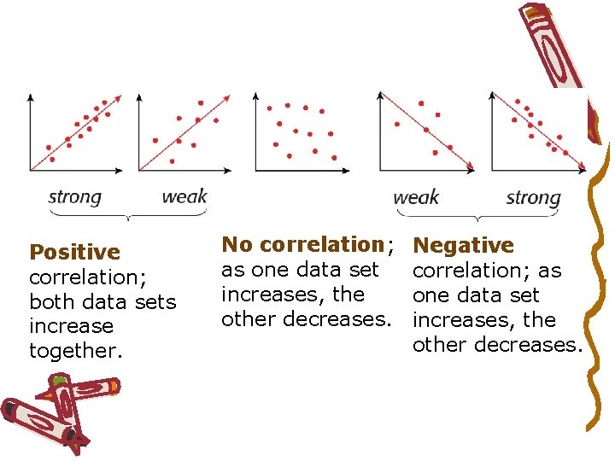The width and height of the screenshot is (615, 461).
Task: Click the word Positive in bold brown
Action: tap(74, 252)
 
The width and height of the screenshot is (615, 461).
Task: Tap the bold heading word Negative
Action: tap(463, 246)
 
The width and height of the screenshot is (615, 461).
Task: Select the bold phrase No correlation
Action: tap(302, 244)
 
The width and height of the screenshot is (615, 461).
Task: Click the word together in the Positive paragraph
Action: tap(73, 351)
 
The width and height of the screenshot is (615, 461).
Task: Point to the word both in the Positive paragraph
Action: tap(51, 301)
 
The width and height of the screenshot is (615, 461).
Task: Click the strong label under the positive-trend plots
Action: tap(74, 197)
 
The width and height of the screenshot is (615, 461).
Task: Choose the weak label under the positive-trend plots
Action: tap(184, 197)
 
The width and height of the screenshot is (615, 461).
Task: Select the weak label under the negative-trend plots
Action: tap(416, 198)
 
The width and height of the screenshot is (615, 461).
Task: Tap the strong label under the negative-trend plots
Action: tap(533, 198)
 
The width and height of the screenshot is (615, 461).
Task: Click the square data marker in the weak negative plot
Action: tap(438, 114)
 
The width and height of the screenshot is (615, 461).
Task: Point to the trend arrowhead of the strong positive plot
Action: tap(119, 96)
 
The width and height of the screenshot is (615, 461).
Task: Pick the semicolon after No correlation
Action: tap(389, 247)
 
